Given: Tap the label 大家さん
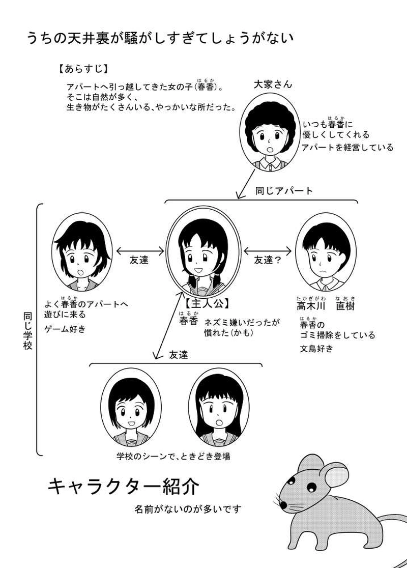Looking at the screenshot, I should [273, 84].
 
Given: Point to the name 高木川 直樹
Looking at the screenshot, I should [326, 306].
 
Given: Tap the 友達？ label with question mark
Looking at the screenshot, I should [268, 260].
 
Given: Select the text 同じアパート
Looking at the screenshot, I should [284, 191].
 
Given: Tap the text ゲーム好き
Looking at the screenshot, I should [66, 329].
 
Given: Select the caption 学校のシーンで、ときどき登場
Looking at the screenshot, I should [173, 457].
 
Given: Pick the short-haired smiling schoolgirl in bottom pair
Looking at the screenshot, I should [131, 407].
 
